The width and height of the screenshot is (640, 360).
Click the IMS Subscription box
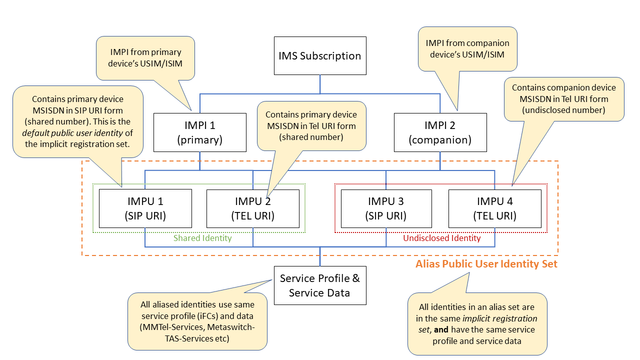[320, 55]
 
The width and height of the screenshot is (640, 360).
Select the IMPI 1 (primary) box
[199, 132]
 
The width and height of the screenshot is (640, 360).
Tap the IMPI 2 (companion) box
[440, 132]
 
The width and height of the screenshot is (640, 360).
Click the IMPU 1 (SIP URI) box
[145, 208]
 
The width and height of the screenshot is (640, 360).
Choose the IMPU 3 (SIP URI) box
[386, 208]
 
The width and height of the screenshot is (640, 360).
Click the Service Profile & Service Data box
[320, 285]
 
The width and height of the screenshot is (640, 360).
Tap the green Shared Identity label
[202, 238]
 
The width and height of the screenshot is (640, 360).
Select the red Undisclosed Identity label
[441, 238]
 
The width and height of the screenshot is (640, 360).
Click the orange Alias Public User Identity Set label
[486, 264]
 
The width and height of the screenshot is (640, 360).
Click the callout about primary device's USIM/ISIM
[145, 58]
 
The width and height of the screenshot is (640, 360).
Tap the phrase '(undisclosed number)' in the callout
[563, 110]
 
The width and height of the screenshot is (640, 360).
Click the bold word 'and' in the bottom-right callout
[441, 330]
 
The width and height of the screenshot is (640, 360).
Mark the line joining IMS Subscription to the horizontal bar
[320, 84]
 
